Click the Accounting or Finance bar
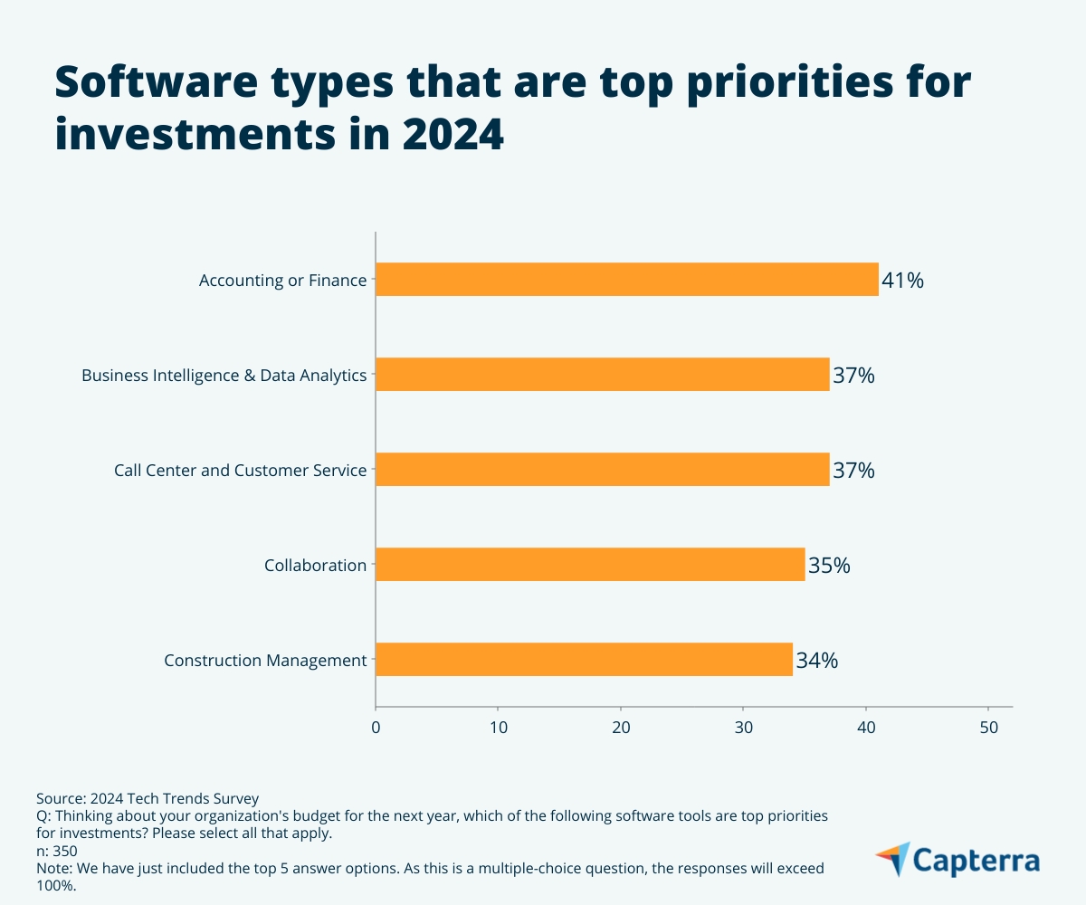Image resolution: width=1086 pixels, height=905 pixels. click(x=626, y=280)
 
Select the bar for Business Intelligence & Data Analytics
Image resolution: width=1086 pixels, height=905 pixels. click(x=602, y=375)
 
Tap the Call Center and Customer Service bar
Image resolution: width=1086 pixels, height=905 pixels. click(x=602, y=470)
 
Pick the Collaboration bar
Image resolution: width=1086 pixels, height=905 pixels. click(x=590, y=565)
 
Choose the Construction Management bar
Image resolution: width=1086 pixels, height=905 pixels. click(x=584, y=660)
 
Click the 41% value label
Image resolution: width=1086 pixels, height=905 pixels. click(x=902, y=281)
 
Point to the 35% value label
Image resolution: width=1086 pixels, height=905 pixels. click(x=829, y=566)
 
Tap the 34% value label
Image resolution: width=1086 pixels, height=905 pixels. click(x=816, y=661)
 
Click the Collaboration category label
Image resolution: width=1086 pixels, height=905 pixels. click(x=315, y=566)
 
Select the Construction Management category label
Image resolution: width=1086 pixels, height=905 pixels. click(x=265, y=661)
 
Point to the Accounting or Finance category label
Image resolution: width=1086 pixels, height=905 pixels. click(x=282, y=281)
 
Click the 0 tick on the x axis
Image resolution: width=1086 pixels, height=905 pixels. click(x=376, y=726)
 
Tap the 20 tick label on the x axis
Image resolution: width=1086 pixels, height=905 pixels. click(x=621, y=726)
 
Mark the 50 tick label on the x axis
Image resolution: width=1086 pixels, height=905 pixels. click(x=988, y=726)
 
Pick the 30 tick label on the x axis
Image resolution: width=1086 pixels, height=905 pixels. click(x=743, y=726)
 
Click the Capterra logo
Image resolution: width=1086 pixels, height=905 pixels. click(x=957, y=860)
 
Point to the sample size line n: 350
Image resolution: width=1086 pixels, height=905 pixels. click(x=56, y=851)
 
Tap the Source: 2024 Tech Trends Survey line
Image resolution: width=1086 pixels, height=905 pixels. click(x=148, y=798)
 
